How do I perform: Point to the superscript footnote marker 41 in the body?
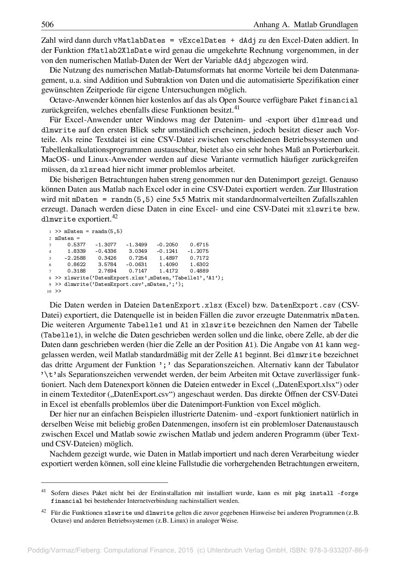pyautogui.click(x=237, y=108)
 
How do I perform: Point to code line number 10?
pyautogui.click(x=49, y=291)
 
